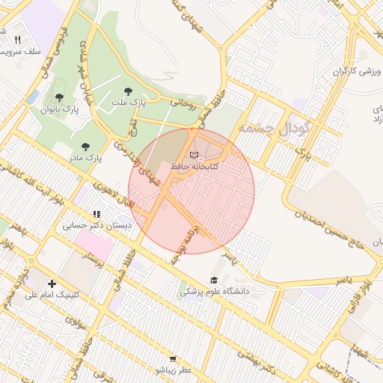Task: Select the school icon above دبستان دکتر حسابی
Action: point(96,213)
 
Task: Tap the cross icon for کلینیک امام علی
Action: point(52,284)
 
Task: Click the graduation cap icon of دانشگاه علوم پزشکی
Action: point(214,280)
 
